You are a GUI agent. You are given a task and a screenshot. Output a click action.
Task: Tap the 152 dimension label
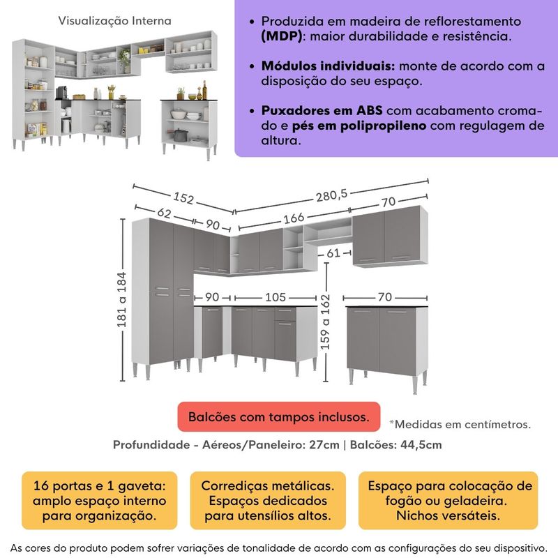pyautogui.click(x=182, y=198)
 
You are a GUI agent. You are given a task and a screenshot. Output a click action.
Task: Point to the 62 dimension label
pyautogui.click(x=164, y=214)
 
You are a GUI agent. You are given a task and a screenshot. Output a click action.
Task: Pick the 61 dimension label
pyautogui.click(x=334, y=252)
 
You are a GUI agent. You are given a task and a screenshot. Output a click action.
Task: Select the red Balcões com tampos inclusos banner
pyautogui.click(x=278, y=417)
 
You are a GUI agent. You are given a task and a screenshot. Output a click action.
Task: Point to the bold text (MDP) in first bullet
pyautogui.click(x=276, y=36)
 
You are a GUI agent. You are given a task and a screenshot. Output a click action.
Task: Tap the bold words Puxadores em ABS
pyautogui.click(x=322, y=111)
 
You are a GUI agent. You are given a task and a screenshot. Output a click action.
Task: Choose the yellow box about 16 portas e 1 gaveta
pyautogui.click(x=94, y=501)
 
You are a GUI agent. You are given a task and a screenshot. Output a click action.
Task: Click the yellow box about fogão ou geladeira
pyautogui.click(x=447, y=501)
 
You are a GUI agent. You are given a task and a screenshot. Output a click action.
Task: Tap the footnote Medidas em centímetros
pyautogui.click(x=460, y=423)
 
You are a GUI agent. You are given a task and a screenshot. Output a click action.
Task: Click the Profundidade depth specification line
pyautogui.click(x=277, y=444)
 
